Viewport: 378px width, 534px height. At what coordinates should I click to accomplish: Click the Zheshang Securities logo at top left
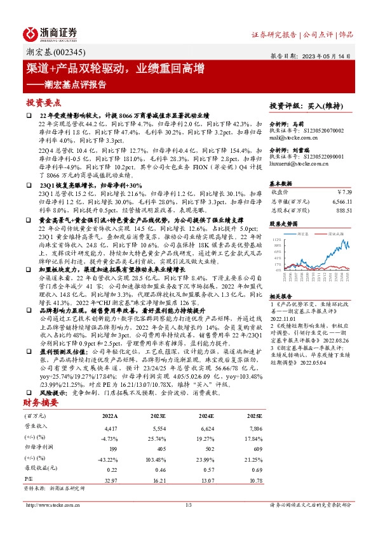click(x=51, y=33)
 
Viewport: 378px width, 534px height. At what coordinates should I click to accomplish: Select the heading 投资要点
click(x=44, y=101)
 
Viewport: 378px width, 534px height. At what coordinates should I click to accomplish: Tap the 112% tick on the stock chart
click(x=277, y=239)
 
